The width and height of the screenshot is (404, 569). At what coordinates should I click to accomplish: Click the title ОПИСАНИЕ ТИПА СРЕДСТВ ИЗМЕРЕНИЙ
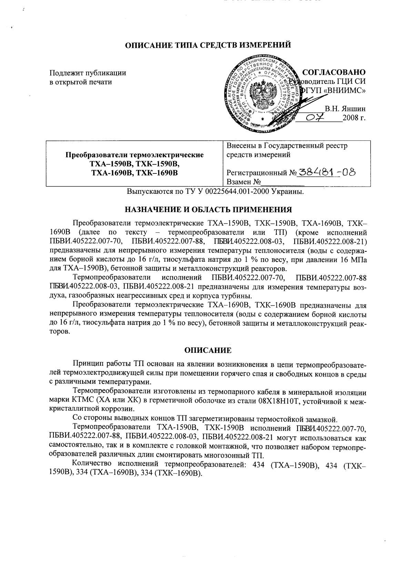(x=208, y=45)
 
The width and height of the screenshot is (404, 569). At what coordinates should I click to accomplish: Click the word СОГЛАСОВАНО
(x=333, y=72)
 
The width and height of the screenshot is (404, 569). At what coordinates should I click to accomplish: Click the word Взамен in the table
(x=239, y=182)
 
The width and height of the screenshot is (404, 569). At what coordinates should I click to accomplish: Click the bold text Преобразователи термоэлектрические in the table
(x=134, y=155)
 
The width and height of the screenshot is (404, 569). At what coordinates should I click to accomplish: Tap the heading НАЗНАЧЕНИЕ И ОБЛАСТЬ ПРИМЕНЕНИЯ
(x=208, y=209)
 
